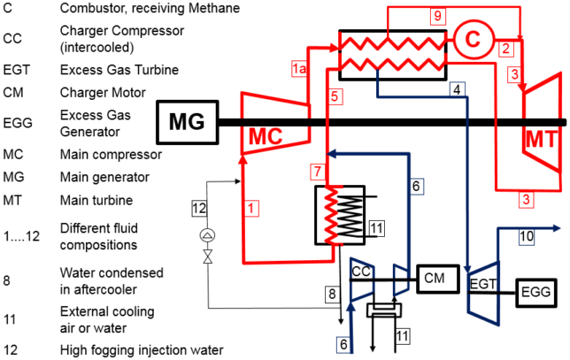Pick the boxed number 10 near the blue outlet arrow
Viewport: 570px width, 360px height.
[528, 236]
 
